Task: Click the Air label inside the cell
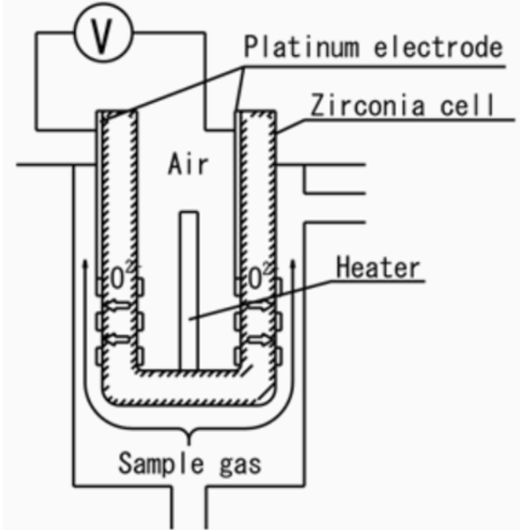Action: pos(188,164)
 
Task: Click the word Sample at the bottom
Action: pos(158,461)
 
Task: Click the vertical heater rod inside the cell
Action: pos(189,287)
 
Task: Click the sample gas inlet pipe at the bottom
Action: pos(189,506)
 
